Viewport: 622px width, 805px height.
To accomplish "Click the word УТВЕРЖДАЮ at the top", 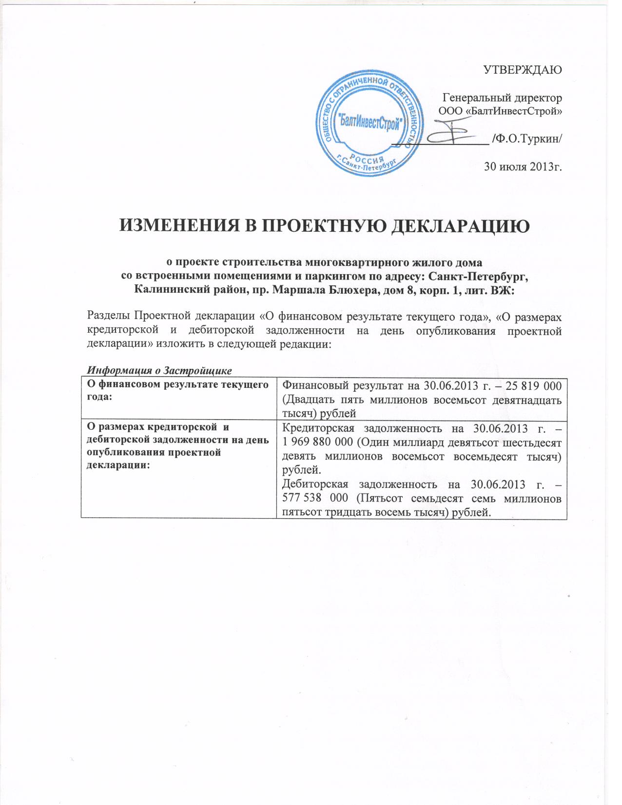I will point(522,69).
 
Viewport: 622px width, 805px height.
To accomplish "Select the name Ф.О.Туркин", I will point(528,139).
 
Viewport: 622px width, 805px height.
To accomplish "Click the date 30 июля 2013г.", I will point(523,167).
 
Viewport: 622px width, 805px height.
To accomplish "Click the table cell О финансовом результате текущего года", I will point(178,391).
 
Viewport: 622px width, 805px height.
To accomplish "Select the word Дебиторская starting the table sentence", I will point(315,484).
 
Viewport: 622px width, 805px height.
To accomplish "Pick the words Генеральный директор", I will point(502,98).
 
